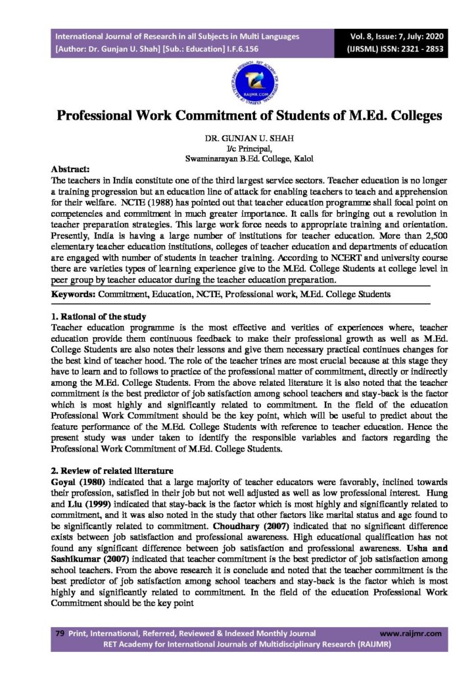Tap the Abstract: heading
tap(70, 169)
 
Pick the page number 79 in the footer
tap(60, 633)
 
